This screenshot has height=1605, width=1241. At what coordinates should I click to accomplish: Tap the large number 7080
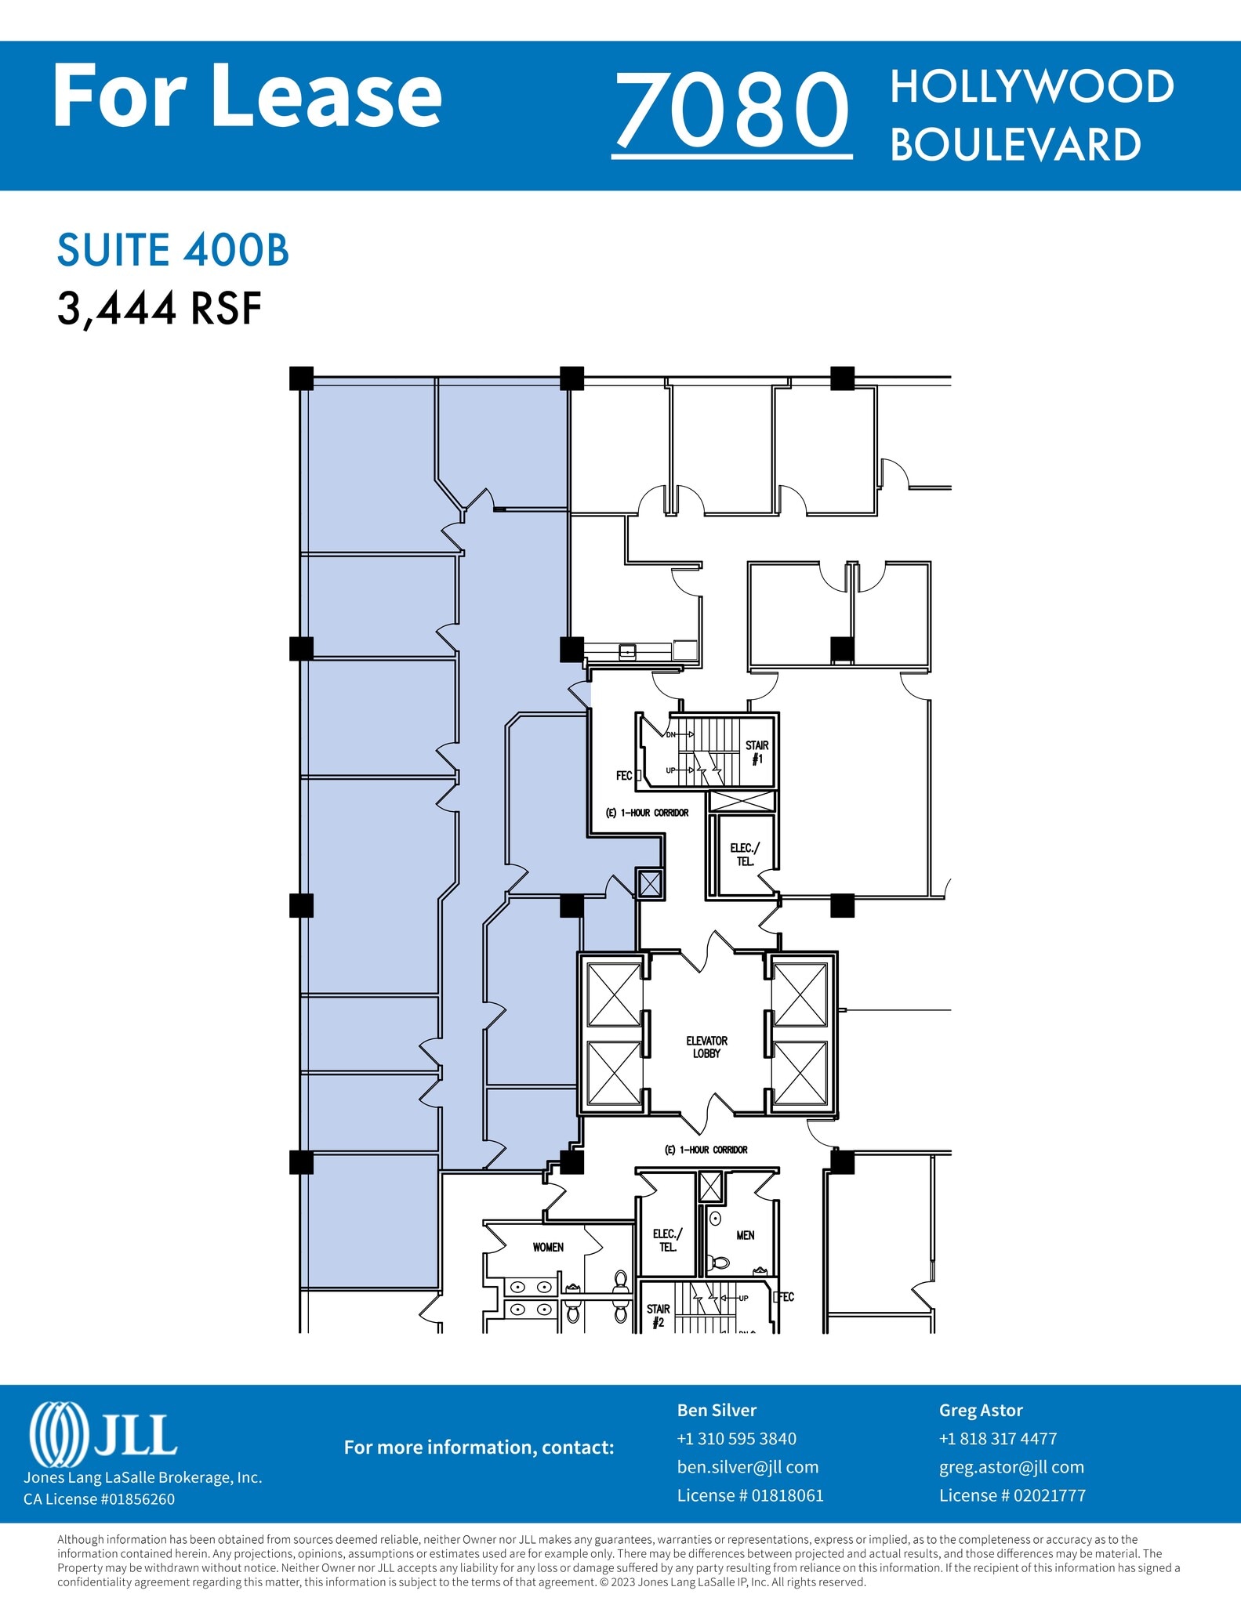point(732,110)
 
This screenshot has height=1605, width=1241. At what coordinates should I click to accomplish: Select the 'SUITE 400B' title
point(173,251)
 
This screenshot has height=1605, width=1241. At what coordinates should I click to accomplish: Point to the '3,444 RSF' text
point(159,308)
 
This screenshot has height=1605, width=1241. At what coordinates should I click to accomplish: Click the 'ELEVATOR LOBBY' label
point(706,1047)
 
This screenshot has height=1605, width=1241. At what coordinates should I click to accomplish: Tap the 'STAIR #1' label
point(757,752)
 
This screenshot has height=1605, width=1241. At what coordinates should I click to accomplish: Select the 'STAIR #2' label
point(658,1316)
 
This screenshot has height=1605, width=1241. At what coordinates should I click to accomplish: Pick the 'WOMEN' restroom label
point(548,1247)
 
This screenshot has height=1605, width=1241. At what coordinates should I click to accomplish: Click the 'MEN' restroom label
point(745,1235)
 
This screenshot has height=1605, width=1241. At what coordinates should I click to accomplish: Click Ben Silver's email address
point(747,1467)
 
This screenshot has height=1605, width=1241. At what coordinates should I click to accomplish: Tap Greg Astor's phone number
point(998,1439)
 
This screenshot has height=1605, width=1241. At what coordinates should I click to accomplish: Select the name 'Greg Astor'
point(981,1410)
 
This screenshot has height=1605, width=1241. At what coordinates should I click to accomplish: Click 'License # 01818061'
point(750,1495)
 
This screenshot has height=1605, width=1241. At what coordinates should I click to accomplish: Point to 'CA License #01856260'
point(99,1499)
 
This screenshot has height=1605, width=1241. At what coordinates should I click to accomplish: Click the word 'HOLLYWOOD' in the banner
point(1032,86)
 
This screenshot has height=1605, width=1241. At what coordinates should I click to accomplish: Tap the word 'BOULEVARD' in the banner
point(1015,145)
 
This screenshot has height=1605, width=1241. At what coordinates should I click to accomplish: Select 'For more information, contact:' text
point(478,1447)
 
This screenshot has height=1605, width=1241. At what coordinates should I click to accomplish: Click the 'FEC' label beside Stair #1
point(624,776)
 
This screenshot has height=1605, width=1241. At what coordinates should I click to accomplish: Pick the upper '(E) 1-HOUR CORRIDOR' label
point(647,813)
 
